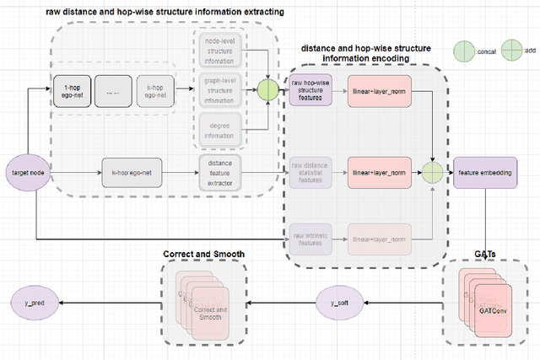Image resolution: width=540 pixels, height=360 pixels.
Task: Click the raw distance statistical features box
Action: pos(311,172)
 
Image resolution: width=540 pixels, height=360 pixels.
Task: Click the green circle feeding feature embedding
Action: pos(432,172)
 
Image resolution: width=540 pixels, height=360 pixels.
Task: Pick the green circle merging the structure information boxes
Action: pos(268,89)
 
